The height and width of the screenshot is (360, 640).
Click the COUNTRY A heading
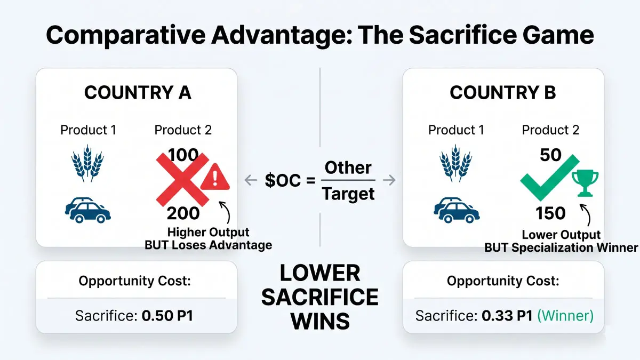[x=138, y=92]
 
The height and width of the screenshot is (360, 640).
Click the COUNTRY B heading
[x=502, y=92]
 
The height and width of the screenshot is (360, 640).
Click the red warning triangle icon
[x=215, y=177]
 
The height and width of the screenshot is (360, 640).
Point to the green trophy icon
[x=585, y=183]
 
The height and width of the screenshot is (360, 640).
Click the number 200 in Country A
[x=183, y=213]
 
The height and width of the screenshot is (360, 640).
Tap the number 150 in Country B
[x=551, y=213]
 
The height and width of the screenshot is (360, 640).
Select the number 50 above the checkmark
[x=551, y=155]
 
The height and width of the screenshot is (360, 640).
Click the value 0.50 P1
[x=167, y=315]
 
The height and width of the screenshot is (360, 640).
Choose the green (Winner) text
[x=565, y=315]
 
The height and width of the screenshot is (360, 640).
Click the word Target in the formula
[x=348, y=194]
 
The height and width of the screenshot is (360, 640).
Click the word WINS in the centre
[x=320, y=321]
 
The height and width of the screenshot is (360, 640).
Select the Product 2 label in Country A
[x=183, y=130]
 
